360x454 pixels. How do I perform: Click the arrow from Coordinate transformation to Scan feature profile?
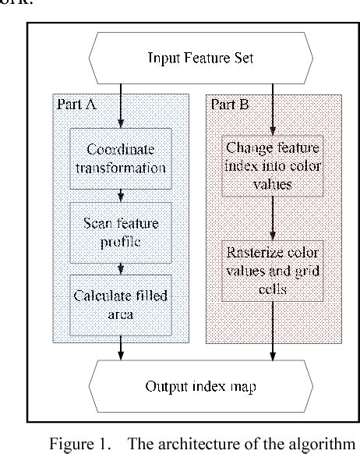click(x=121, y=193)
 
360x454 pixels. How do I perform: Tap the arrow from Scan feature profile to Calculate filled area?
click(x=121, y=268)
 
